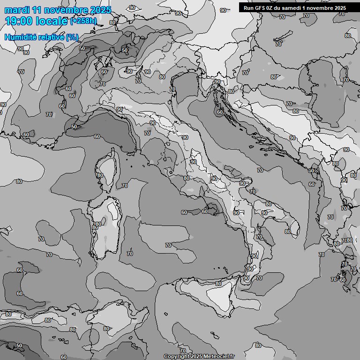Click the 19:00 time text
19,21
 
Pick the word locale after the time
52,21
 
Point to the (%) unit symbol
72,37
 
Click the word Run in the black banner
248,7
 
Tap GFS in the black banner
261,7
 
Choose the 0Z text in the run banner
272,7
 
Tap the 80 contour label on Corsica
100,176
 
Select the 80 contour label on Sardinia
98,224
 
